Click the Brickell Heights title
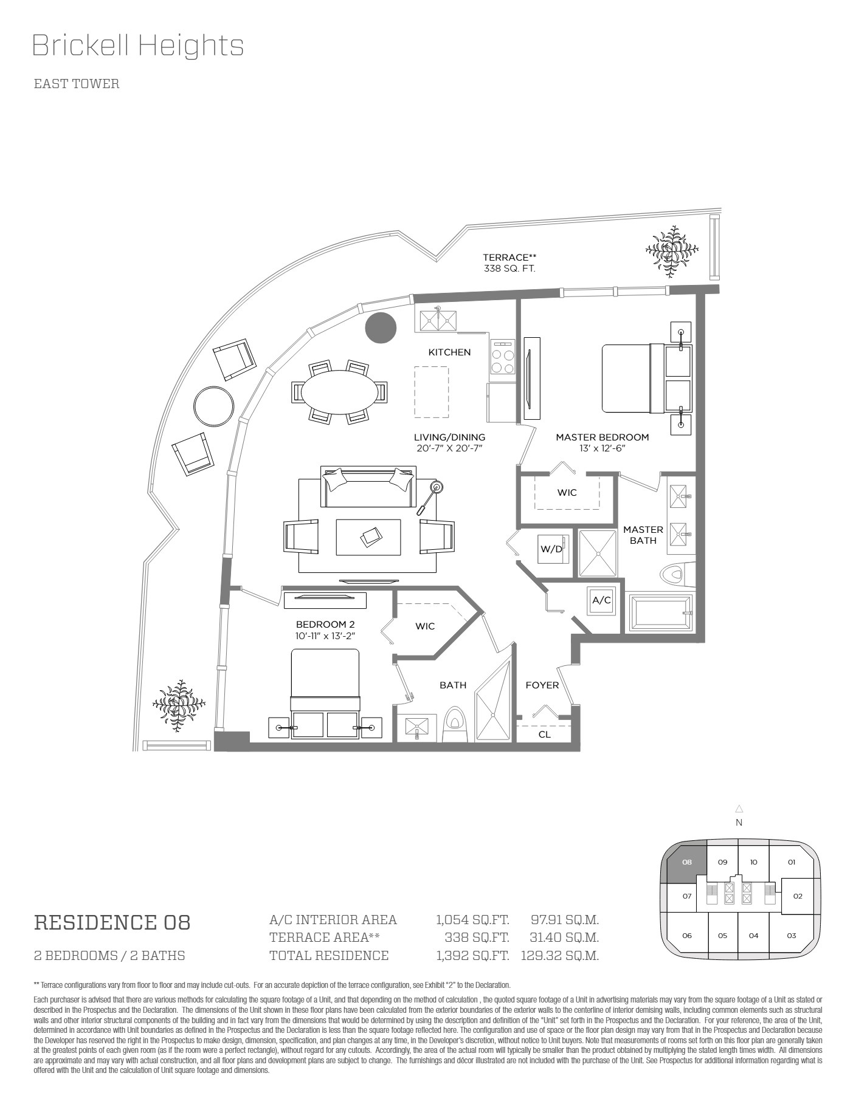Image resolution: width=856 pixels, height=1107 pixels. click(x=138, y=46)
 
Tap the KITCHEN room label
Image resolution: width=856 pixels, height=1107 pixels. click(x=449, y=352)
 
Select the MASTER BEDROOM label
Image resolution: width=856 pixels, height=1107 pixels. click(x=602, y=437)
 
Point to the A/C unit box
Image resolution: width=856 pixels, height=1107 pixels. click(x=602, y=601)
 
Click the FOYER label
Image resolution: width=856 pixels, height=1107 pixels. click(x=542, y=685)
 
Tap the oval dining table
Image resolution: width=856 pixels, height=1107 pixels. click(x=339, y=392)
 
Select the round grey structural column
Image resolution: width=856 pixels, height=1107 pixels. click(x=381, y=327)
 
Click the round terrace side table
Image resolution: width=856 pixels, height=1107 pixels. click(x=213, y=406)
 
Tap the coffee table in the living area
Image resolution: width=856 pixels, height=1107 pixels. click(x=368, y=537)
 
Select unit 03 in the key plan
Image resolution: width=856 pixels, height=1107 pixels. click(x=791, y=936)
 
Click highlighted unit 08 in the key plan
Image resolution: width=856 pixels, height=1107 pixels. click(x=687, y=862)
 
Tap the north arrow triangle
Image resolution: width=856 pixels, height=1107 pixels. click(x=739, y=809)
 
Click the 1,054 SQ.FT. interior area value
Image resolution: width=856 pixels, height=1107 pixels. click(x=472, y=920)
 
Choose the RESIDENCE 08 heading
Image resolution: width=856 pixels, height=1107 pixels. click(x=112, y=922)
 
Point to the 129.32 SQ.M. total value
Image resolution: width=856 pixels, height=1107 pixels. click(x=560, y=956)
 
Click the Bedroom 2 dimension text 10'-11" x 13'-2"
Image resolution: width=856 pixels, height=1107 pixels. click(x=325, y=636)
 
